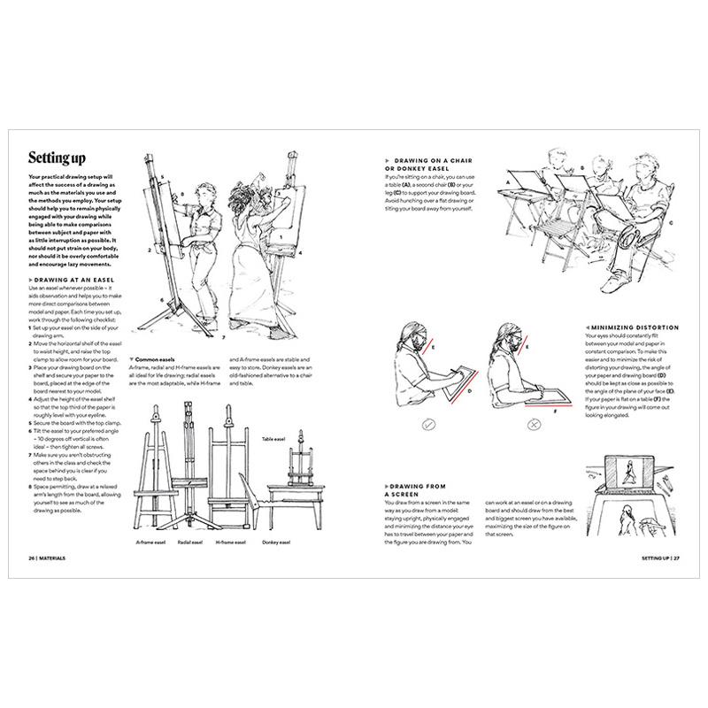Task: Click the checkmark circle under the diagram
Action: (428, 425)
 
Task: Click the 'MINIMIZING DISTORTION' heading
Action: (631, 327)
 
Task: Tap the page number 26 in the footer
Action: (33, 558)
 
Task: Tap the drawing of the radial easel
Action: (189, 460)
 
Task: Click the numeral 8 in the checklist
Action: (30, 486)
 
